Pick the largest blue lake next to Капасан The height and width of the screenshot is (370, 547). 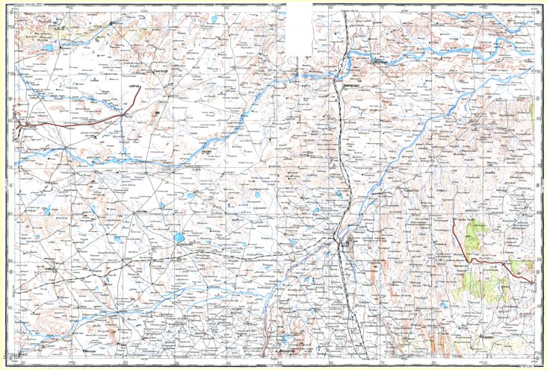click(x=179, y=239)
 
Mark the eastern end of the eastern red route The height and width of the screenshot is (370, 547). click(x=532, y=281)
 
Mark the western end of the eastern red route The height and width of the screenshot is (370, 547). click(x=453, y=222)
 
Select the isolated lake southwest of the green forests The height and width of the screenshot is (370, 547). click(x=446, y=304)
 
